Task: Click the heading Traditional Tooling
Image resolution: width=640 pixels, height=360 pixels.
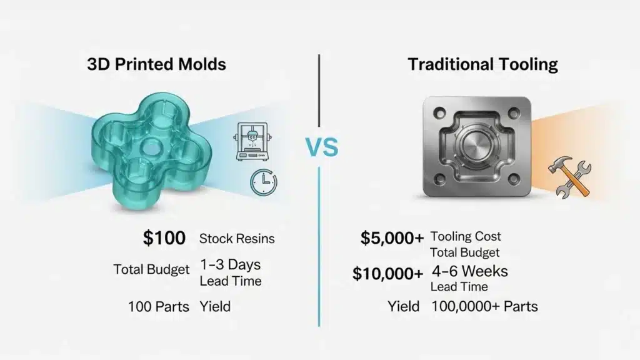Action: click(x=483, y=65)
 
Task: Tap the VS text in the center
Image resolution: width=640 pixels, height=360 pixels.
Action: click(x=322, y=148)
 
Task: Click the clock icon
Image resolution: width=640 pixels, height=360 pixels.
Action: click(x=264, y=182)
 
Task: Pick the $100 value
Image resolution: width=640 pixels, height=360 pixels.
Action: click(x=164, y=237)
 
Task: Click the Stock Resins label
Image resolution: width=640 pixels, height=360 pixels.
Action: click(x=237, y=238)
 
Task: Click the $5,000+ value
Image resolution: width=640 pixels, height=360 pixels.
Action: click(x=392, y=237)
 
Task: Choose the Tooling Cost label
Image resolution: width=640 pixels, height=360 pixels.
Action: click(x=466, y=237)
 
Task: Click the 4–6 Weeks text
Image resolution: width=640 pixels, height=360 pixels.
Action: click(x=470, y=271)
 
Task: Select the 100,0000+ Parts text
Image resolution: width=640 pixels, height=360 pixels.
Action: click(x=484, y=306)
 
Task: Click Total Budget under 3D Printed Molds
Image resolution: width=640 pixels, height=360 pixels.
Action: click(x=152, y=269)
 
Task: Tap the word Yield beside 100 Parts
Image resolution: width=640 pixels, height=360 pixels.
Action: click(x=215, y=306)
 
